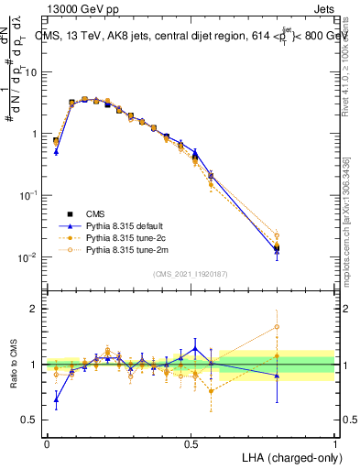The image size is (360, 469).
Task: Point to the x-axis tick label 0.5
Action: coord(191,442)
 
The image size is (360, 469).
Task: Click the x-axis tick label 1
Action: coord(334,442)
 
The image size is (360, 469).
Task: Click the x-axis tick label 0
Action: coord(47,442)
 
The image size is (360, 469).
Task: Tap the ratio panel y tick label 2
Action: coord(35,309)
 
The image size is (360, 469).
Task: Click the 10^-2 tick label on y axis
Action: coord(29,257)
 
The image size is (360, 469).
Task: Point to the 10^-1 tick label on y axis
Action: coord(29,195)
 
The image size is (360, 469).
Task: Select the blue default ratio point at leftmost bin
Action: coord(56,398)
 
